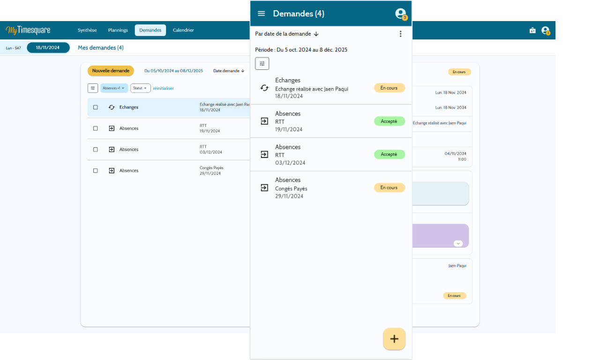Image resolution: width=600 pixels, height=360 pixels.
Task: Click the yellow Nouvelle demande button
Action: click(x=111, y=71)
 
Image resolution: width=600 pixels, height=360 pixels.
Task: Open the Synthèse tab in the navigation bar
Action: click(x=87, y=30)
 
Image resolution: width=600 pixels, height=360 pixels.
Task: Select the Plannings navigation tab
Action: click(x=118, y=30)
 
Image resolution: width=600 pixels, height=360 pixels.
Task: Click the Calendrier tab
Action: click(x=183, y=30)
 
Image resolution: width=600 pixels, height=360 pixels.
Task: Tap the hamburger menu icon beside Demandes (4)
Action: click(x=261, y=14)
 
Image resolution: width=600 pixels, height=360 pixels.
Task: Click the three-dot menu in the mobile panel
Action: click(x=400, y=34)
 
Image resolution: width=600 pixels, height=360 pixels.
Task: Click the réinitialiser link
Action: click(x=164, y=88)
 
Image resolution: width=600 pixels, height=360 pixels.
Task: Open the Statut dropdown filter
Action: click(x=140, y=88)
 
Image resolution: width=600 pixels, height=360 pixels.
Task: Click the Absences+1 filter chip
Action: click(x=114, y=88)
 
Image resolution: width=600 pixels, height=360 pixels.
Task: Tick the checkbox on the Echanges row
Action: click(x=95, y=107)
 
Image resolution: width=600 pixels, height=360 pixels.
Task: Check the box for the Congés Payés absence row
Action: click(x=95, y=171)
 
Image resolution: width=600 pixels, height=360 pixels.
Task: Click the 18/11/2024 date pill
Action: click(x=48, y=48)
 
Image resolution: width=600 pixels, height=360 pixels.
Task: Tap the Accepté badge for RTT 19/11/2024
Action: click(x=389, y=121)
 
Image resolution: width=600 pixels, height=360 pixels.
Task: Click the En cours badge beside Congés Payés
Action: click(x=389, y=188)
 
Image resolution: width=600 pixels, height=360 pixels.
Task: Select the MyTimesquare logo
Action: click(x=28, y=30)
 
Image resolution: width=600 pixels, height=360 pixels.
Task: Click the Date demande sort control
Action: click(x=229, y=71)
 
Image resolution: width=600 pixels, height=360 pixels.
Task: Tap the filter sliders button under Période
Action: click(x=262, y=64)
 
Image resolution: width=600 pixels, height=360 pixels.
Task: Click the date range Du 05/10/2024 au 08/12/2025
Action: click(x=173, y=71)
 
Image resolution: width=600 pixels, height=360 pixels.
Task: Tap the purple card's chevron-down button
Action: click(x=458, y=243)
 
